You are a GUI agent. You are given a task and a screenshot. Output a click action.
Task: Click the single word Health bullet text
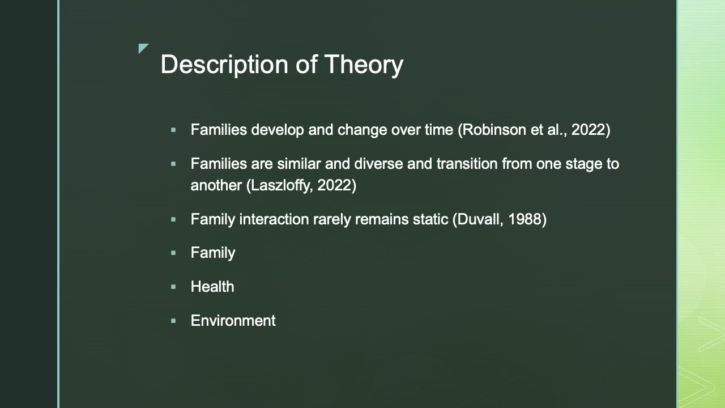[x=212, y=287]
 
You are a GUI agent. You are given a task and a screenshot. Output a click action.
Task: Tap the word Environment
[x=233, y=321]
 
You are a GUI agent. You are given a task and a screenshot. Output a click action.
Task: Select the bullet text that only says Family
[x=212, y=253]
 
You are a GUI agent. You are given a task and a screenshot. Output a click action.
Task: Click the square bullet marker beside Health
[x=173, y=287]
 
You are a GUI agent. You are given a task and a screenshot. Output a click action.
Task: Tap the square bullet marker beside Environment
[x=173, y=321]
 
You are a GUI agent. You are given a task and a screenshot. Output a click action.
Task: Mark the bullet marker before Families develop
[x=173, y=130]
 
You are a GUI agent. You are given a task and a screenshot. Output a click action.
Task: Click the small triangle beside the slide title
[x=142, y=48]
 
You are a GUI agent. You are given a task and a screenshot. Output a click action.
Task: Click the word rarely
[x=332, y=219]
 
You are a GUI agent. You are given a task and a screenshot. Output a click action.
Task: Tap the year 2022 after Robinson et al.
[x=588, y=130]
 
